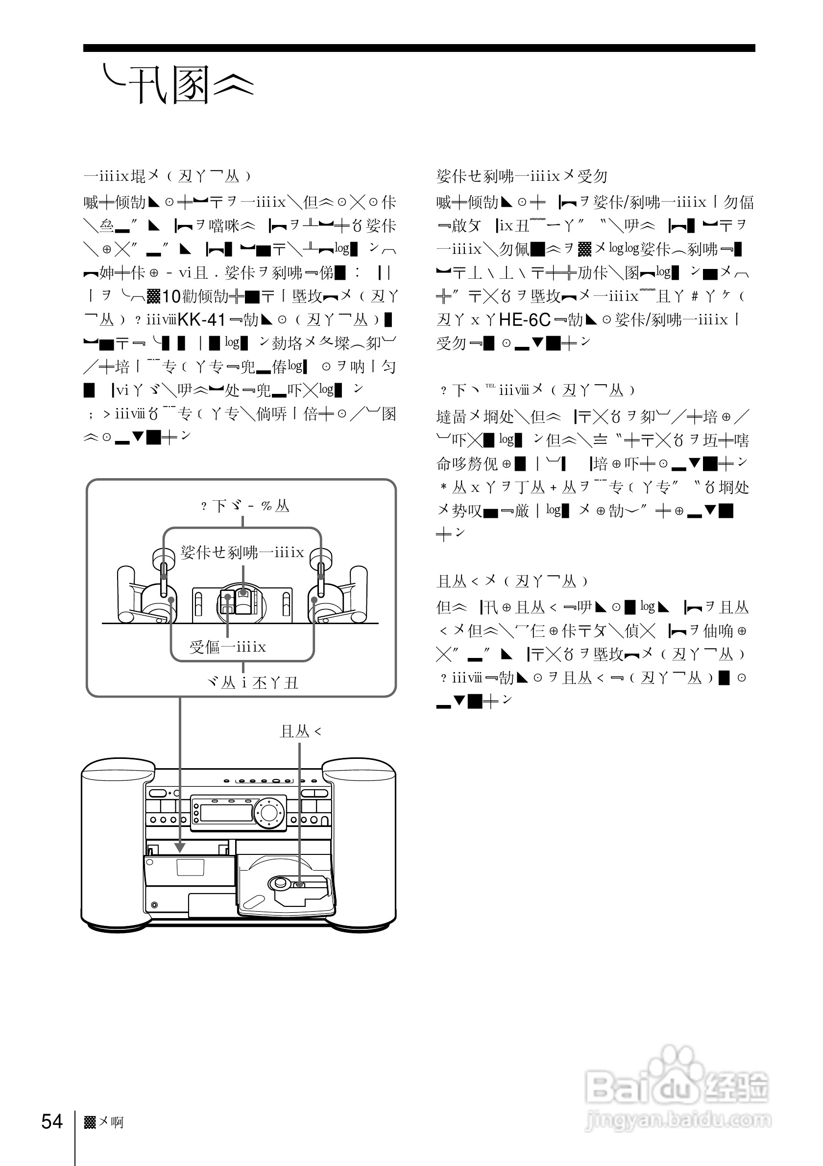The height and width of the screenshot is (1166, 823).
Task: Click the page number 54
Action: point(52,1121)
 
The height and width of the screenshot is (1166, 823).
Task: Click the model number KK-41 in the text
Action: point(201,319)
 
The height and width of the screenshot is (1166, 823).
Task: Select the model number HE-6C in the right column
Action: point(525,319)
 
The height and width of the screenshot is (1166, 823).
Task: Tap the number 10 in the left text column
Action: point(171,296)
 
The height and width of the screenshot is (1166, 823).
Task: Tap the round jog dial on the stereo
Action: point(269,813)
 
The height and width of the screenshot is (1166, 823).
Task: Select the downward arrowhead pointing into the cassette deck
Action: point(180,848)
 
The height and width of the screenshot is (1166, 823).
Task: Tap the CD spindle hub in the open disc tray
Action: point(280,883)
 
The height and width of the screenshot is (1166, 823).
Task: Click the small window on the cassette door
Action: point(191,868)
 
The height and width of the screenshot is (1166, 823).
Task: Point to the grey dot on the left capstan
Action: point(171,600)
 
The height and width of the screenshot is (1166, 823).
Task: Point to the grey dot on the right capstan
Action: point(315,600)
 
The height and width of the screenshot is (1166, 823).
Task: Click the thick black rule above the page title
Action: point(419,48)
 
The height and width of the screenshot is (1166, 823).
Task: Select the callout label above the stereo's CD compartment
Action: point(300,731)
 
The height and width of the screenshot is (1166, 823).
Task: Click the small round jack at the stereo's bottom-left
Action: point(154,905)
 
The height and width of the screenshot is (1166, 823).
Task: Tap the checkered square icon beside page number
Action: point(90,1122)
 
